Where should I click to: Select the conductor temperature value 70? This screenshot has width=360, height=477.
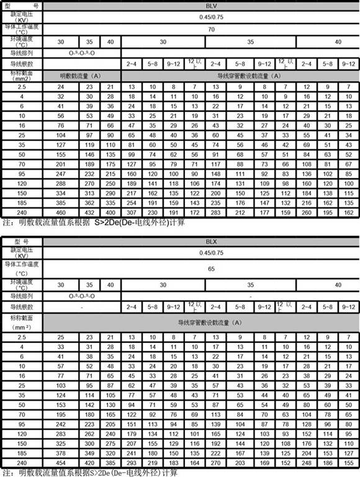pyautogui.click(x=211, y=29)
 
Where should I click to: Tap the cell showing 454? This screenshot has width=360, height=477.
pyautogui.click(x=61, y=465)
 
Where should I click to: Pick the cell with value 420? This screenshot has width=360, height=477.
pyautogui.click(x=91, y=465)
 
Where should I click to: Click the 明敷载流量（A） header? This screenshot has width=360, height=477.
pyautogui.click(x=81, y=76)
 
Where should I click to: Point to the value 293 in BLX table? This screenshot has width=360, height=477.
pyautogui.click(x=132, y=465)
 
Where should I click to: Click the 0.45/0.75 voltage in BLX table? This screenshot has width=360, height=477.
pyautogui.click(x=211, y=254)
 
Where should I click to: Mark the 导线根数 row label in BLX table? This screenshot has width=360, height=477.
pyautogui.click(x=20, y=307)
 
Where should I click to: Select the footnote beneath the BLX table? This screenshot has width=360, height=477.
pyautogui.click(x=93, y=473)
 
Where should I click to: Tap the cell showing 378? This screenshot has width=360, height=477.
pyautogui.click(x=61, y=455)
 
